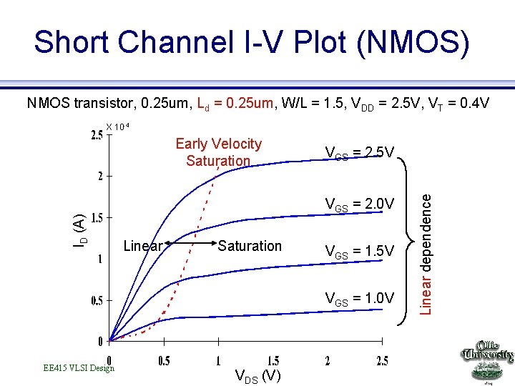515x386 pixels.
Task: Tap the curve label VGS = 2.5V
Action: [x=360, y=153]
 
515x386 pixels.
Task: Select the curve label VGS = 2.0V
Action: [x=360, y=204]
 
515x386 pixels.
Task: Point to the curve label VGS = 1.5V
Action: [x=360, y=251]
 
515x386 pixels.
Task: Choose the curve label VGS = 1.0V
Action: [x=360, y=298]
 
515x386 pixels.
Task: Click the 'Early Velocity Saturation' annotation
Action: [x=218, y=152]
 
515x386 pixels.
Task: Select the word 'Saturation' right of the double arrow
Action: [x=250, y=246]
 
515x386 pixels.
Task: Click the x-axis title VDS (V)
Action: [x=257, y=376]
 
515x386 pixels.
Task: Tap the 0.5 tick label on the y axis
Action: [x=96, y=300]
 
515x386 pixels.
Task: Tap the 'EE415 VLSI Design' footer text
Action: [x=79, y=368]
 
